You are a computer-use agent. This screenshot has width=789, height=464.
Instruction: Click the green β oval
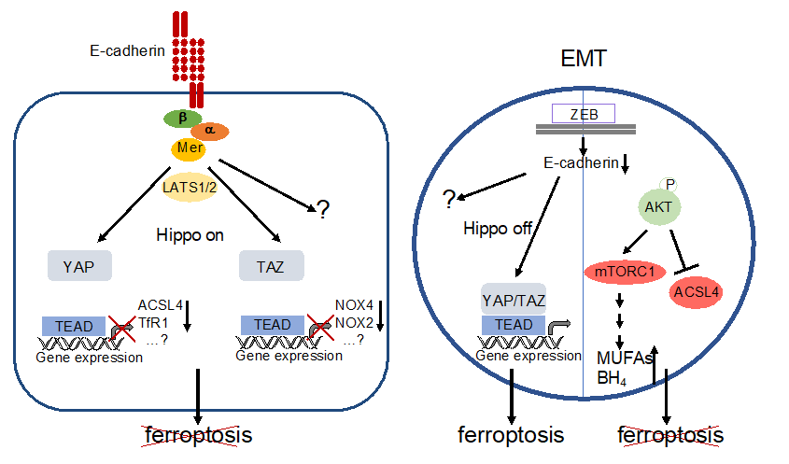[x=181, y=119]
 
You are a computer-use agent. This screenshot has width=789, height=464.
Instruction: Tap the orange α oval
[x=209, y=131]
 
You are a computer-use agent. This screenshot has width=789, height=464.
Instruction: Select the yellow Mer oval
[x=189, y=148]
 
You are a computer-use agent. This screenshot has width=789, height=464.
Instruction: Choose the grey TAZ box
[x=272, y=265]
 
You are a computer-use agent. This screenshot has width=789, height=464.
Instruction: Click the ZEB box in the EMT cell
[x=583, y=114]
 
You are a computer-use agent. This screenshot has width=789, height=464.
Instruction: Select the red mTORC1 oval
[x=625, y=273]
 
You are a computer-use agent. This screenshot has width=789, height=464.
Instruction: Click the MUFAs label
[x=624, y=359]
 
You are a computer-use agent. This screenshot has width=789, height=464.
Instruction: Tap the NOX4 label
[x=354, y=304]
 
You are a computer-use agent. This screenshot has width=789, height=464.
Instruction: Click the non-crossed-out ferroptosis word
[x=511, y=435]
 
